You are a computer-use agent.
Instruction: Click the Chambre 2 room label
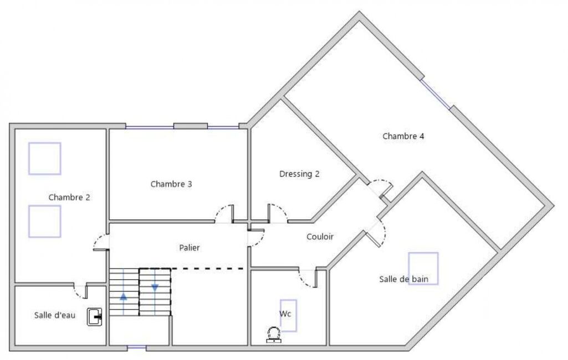tap(69, 197)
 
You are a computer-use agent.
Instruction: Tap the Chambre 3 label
tap(171, 184)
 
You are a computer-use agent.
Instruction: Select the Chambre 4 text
tap(403, 136)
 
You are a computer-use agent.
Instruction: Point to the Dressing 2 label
tap(299, 174)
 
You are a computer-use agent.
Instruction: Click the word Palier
tap(190, 248)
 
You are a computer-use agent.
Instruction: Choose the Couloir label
tap(320, 237)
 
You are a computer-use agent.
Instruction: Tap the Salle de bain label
tap(403, 279)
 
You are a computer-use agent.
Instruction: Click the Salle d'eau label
tap(55, 315)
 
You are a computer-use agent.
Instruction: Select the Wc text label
tap(285, 313)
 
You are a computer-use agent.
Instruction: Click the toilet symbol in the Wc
tap(274, 335)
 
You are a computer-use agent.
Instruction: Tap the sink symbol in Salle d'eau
tap(95, 317)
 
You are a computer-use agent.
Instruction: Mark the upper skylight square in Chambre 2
tap(45, 158)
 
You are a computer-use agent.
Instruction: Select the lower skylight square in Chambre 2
tap(45, 222)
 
